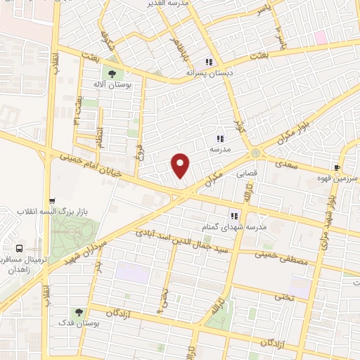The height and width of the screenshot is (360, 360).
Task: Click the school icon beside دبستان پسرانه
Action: click(x=210, y=60)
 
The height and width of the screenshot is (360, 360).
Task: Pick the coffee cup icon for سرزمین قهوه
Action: click(x=337, y=168)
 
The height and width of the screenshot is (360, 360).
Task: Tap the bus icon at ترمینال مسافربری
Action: click(x=18, y=248)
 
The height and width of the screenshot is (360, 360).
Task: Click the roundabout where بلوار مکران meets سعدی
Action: click(x=255, y=153)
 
